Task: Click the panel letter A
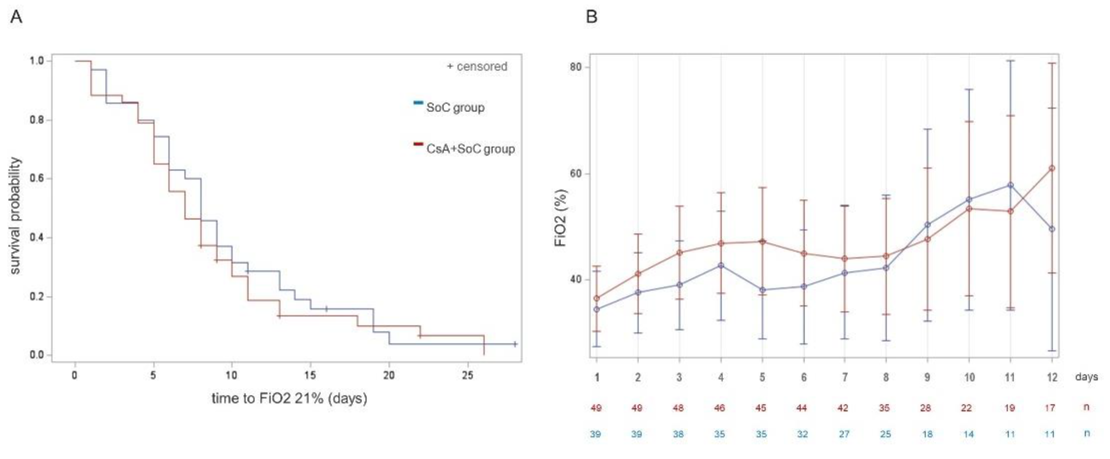(16, 17)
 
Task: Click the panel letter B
(592, 17)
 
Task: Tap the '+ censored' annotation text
(477, 66)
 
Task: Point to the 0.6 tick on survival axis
(37, 179)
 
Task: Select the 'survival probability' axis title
(15, 215)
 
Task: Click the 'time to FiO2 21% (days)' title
(289, 398)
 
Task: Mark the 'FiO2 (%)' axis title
(560, 217)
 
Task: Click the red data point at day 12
(1052, 169)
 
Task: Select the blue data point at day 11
(1010, 185)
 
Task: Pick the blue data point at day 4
(721, 266)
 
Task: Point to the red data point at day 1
(597, 298)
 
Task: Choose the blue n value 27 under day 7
(844, 434)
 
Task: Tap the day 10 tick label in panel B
(969, 378)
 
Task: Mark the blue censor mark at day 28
(515, 344)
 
